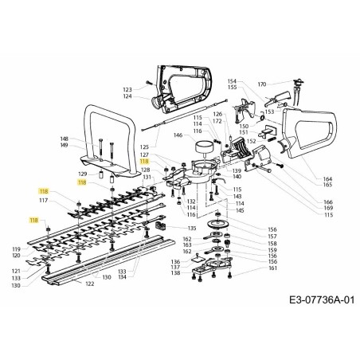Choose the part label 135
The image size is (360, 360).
[191, 229]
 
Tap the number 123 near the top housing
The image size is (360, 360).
[127, 89]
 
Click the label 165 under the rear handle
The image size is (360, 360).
[327, 185]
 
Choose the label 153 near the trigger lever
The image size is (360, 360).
[269, 112]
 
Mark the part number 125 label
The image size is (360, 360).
[144, 147]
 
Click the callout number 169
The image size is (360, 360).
[327, 209]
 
